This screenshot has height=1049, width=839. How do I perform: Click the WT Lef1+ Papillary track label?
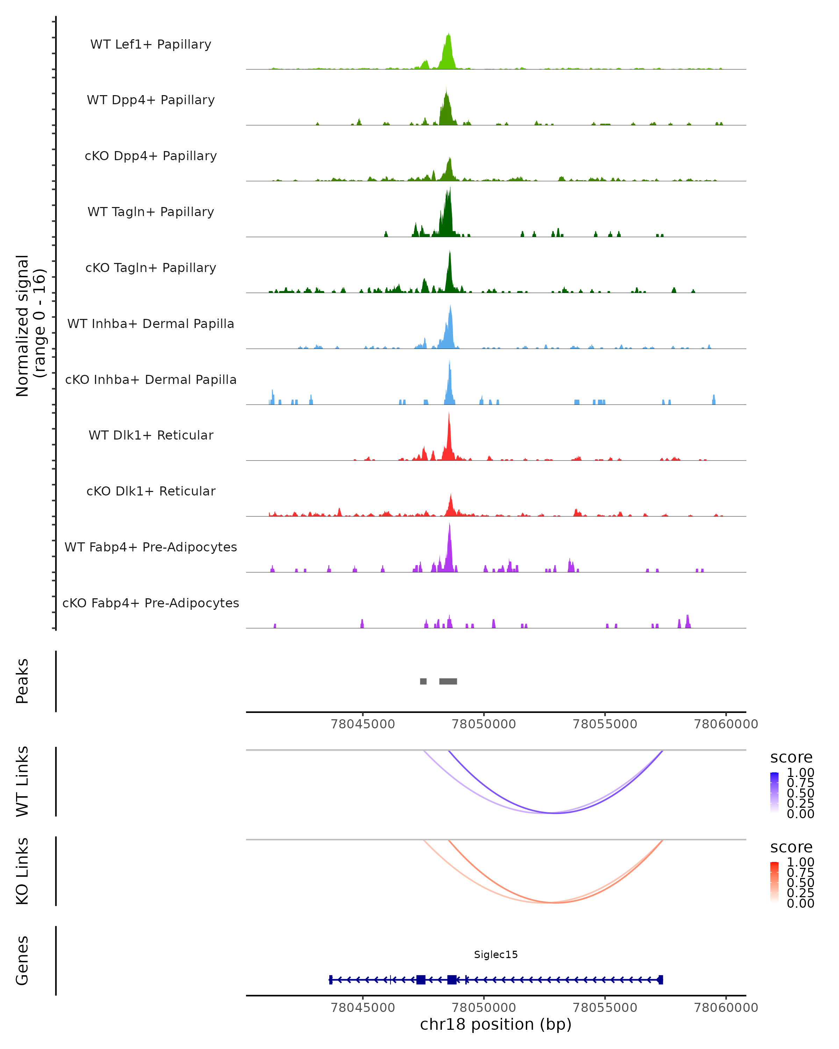tap(151, 44)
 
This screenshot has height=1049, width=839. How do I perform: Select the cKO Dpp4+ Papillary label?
tap(151, 156)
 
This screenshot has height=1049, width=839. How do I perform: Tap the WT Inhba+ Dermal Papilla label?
tap(151, 323)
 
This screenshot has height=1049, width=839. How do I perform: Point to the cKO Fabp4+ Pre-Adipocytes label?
tap(151, 603)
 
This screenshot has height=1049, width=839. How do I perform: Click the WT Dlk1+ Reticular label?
tap(151, 435)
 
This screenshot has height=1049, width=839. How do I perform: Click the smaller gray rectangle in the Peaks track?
tap(423, 681)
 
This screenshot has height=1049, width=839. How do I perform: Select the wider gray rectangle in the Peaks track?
tap(448, 681)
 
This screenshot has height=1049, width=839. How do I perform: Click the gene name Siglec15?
tap(496, 954)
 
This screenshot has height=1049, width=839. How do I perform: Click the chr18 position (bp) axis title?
tap(496, 1024)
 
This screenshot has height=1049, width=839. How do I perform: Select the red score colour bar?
tap(774, 882)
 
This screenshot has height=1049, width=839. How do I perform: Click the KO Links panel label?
tap(22, 871)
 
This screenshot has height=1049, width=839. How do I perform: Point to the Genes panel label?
tap(22, 961)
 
